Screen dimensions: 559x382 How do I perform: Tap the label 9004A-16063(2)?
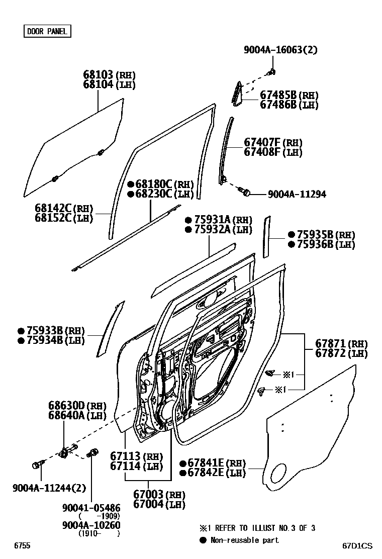click(x=280, y=50)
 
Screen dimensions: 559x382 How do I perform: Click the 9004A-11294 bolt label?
click(x=297, y=194)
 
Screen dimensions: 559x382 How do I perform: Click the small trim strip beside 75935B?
click(x=267, y=236)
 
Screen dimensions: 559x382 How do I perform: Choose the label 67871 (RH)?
click(x=341, y=344)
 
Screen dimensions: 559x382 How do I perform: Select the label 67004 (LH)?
click(x=159, y=504)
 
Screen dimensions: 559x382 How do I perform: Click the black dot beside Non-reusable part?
click(x=204, y=540)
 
